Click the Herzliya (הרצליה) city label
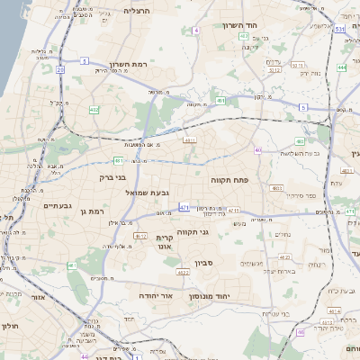(x=138, y=11)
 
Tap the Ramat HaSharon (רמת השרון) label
(x=128, y=64)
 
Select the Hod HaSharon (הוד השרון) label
(x=241, y=25)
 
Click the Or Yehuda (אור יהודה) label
(x=156, y=294)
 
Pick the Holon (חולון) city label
(x=10, y=326)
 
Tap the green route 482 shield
(x=94, y=110)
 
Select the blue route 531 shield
(x=339, y=30)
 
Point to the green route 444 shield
(x=342, y=67)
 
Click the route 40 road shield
(x=258, y=149)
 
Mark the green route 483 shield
(x=300, y=141)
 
